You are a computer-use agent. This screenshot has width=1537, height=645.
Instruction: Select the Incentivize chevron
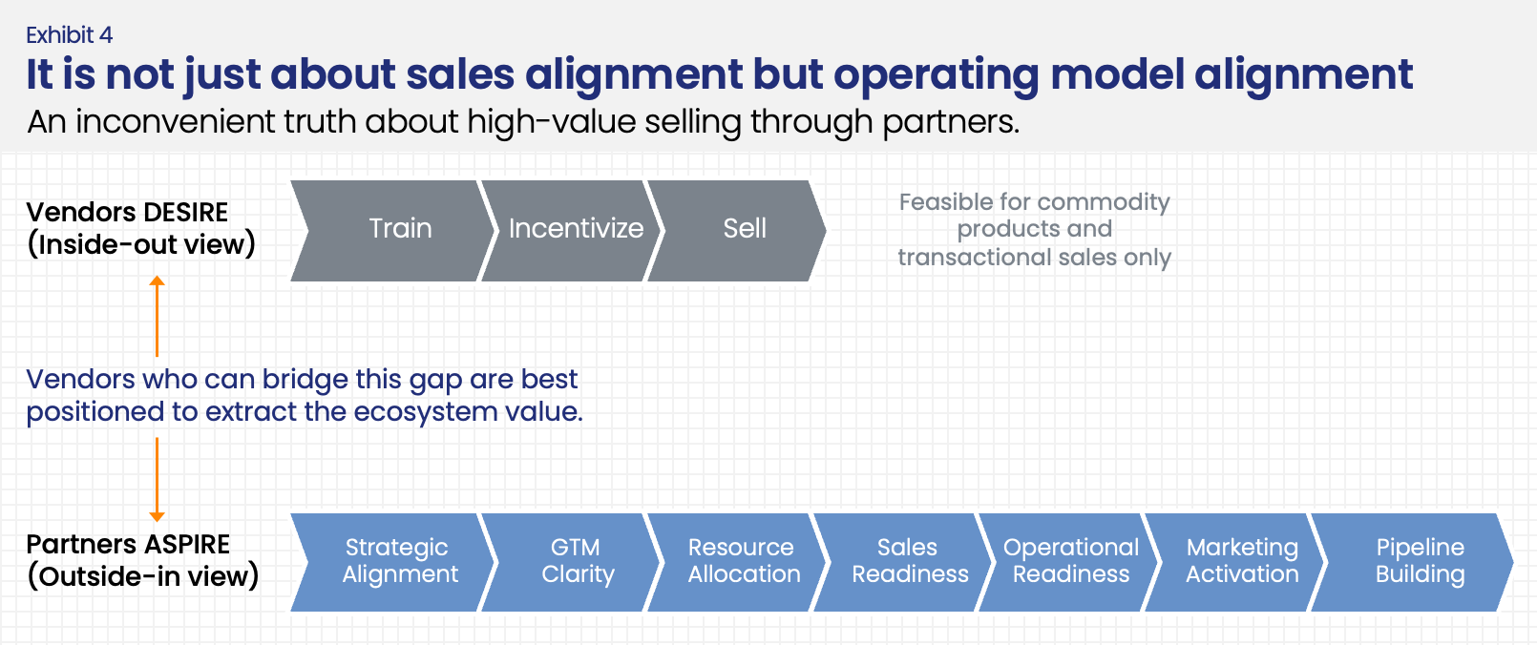point(573,230)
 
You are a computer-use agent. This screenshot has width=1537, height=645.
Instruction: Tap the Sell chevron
point(741,230)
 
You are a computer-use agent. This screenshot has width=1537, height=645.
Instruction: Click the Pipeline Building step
point(1419,561)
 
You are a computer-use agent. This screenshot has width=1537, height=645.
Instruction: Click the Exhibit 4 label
point(69,35)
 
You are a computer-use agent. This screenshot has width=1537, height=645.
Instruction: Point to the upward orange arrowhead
point(158,281)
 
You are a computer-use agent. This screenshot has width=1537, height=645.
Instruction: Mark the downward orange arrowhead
point(158,516)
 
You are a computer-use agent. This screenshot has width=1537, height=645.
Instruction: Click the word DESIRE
point(186,212)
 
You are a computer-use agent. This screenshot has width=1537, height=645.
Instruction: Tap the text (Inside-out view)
point(141,244)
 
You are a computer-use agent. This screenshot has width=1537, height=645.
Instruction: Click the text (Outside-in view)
point(143,576)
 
